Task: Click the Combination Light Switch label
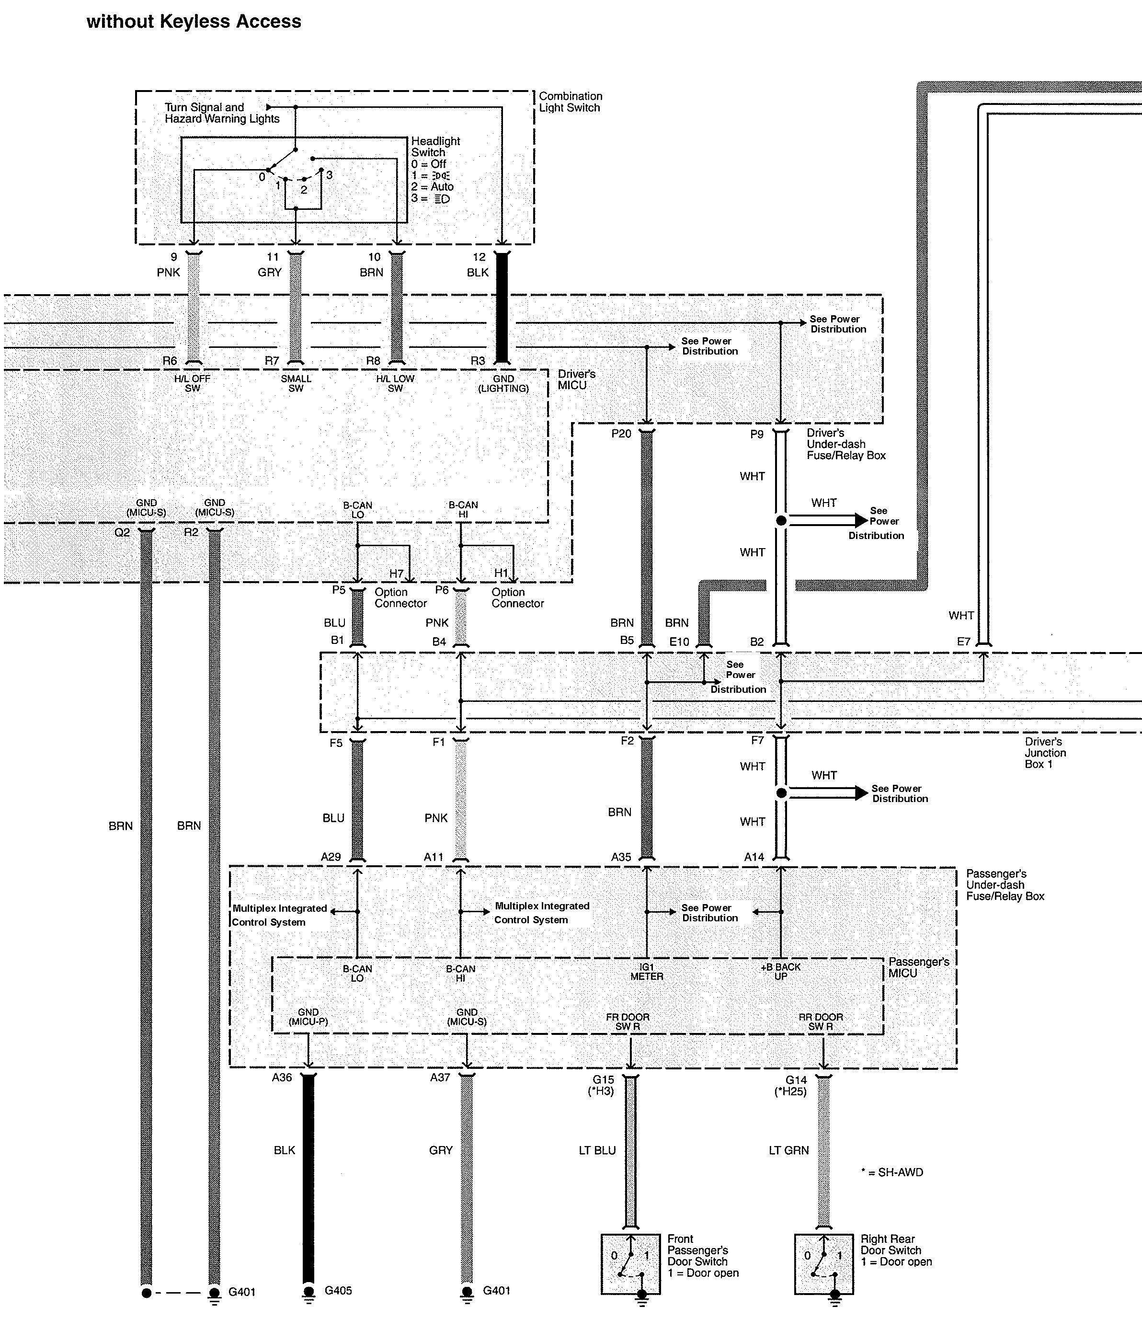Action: click(570, 102)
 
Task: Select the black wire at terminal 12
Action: click(502, 308)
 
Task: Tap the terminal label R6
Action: click(170, 361)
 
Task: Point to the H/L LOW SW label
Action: click(395, 383)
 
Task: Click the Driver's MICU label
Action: click(576, 379)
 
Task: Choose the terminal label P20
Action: click(621, 434)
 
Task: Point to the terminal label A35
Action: click(621, 857)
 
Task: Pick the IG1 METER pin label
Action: click(646, 971)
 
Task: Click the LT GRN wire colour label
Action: click(788, 1150)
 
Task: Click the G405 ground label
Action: click(338, 1290)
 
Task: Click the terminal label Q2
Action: click(122, 533)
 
